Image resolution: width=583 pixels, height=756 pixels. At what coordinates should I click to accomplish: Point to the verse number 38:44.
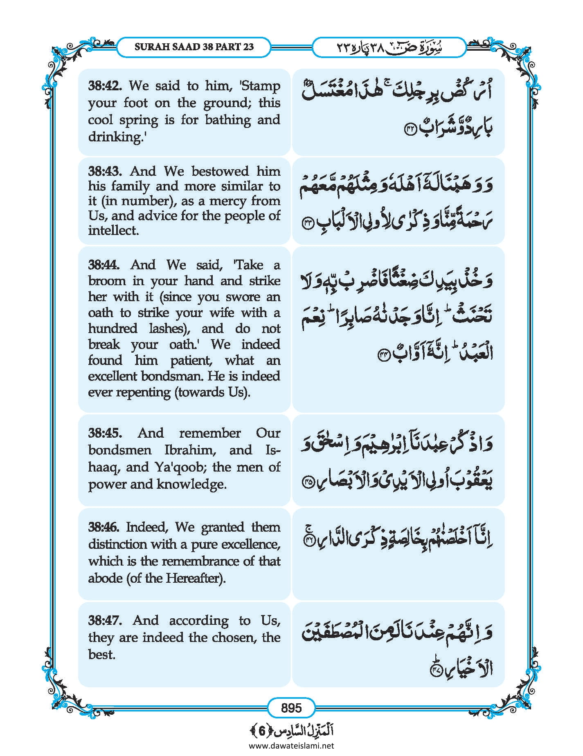[x=104, y=265]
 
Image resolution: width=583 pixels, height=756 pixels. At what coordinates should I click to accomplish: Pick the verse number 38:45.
[x=105, y=433]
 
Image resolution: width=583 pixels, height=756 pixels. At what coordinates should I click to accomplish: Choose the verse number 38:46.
[x=104, y=527]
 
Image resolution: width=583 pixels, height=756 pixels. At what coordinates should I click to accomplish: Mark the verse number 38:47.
[x=105, y=620]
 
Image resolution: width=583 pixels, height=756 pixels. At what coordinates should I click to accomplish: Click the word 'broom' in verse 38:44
[x=107, y=281]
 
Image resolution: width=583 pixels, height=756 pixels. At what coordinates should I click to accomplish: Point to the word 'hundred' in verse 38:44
[x=113, y=329]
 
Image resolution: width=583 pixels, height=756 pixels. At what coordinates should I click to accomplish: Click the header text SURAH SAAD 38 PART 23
[x=194, y=47]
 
